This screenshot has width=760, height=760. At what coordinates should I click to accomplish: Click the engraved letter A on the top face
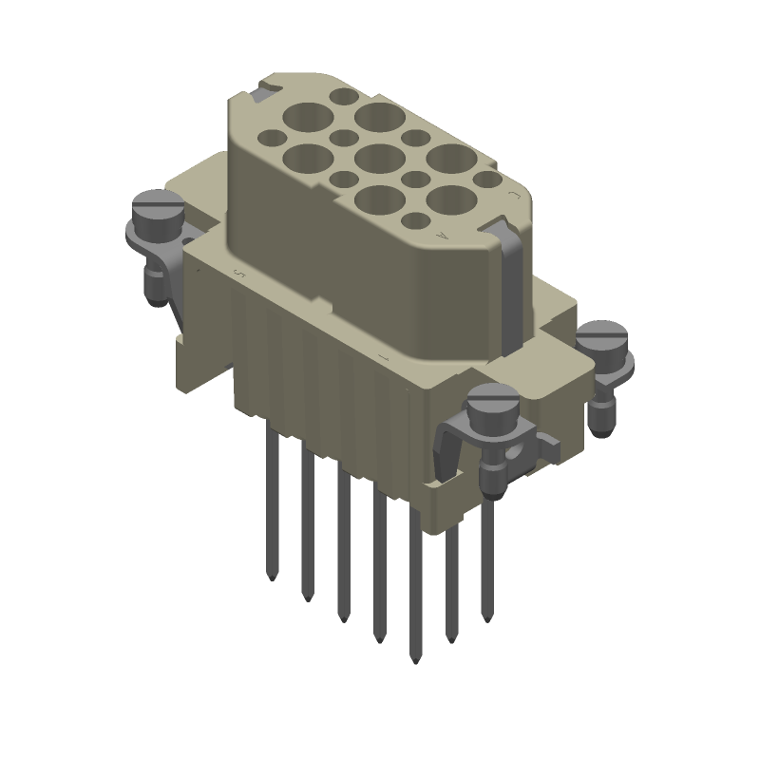(x=439, y=234)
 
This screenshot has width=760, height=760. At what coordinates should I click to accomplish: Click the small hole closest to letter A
(x=414, y=220)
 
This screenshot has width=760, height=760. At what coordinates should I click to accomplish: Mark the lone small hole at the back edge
(x=341, y=96)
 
